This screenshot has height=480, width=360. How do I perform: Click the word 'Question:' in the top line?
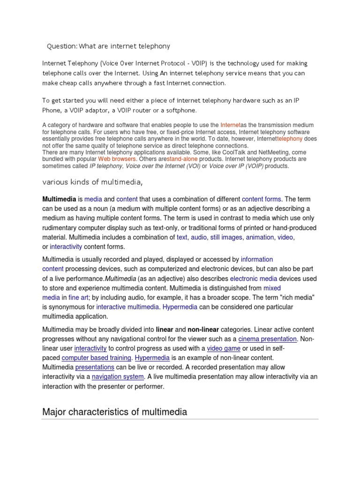pos(62,46)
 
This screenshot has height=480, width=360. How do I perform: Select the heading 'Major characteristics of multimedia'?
pos(114,412)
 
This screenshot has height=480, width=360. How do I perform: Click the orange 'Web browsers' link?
pos(117,159)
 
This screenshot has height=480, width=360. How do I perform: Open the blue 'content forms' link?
pos(262,199)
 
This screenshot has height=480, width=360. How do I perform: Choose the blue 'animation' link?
pos(260,237)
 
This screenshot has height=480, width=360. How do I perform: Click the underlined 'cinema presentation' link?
pos(267,339)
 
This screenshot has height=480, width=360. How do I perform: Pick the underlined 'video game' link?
pos(224,348)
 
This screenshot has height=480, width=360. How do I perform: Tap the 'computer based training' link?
pos(96,358)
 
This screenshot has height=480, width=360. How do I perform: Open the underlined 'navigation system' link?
pos(117,377)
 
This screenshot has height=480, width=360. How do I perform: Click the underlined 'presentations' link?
pos(95,367)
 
